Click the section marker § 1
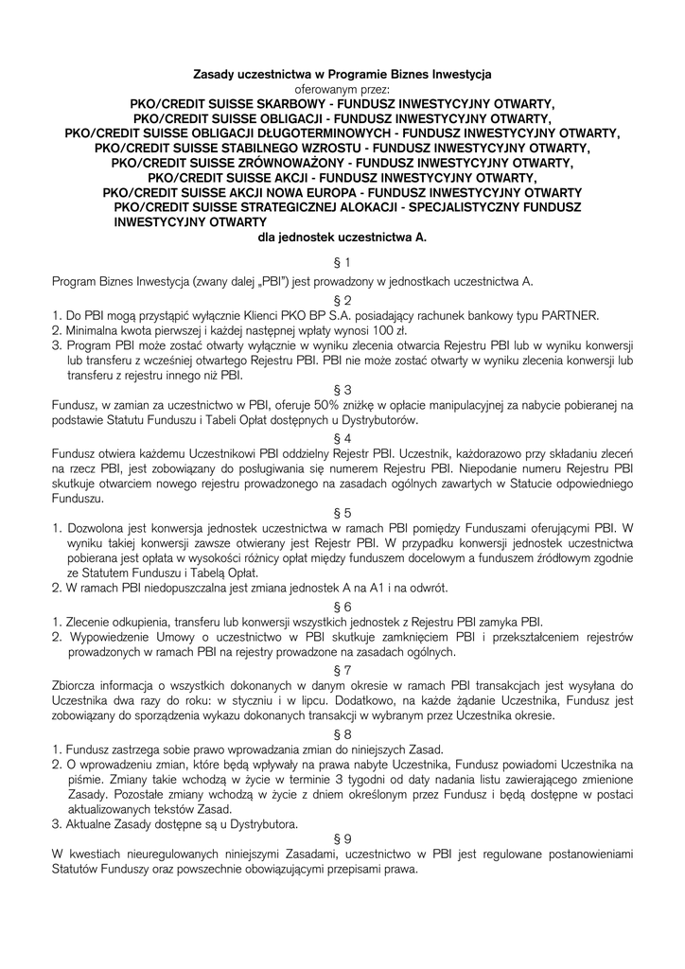click(x=342, y=262)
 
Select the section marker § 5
click(x=342, y=511)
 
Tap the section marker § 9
click(x=342, y=837)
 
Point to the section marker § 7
click(x=342, y=669)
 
